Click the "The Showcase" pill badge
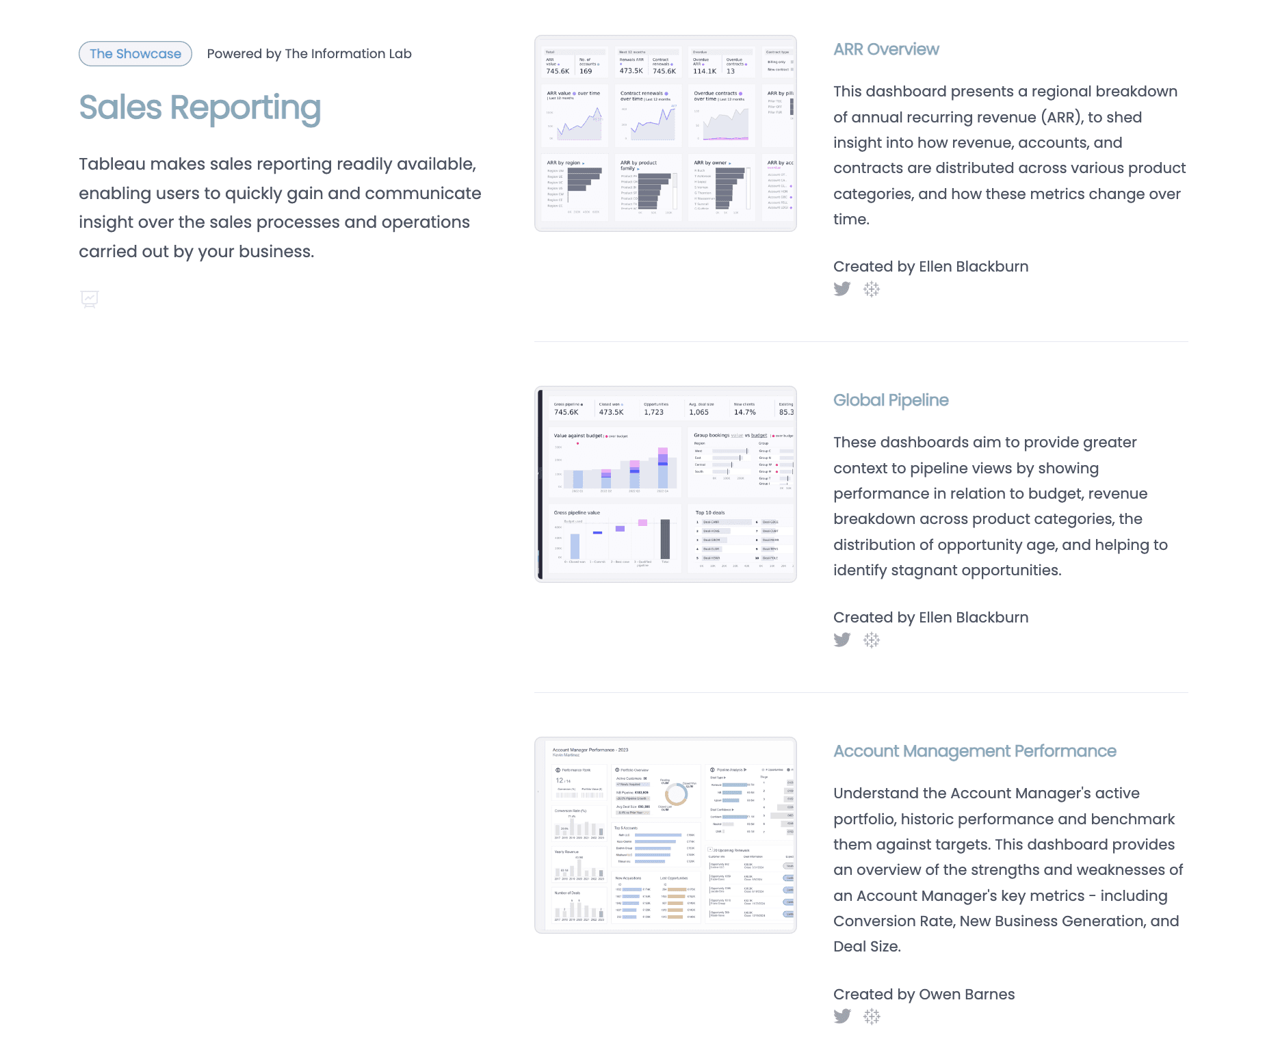135,54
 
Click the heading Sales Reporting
200,108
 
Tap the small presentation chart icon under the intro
90,299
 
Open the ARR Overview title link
886,49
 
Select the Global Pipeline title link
891,400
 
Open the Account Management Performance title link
974,751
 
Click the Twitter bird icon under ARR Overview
842,289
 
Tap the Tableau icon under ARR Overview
872,289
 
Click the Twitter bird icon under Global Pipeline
842,640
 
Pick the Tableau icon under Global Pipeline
872,640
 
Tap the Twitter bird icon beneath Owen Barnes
842,1016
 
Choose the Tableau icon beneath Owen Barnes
872,1016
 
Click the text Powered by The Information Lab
309,54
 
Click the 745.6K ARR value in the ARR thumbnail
558,71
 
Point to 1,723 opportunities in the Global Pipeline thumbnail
653,412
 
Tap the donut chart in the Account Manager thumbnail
676,794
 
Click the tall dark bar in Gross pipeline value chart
665,539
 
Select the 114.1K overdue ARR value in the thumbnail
705,71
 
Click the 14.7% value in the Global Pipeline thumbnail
744,412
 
